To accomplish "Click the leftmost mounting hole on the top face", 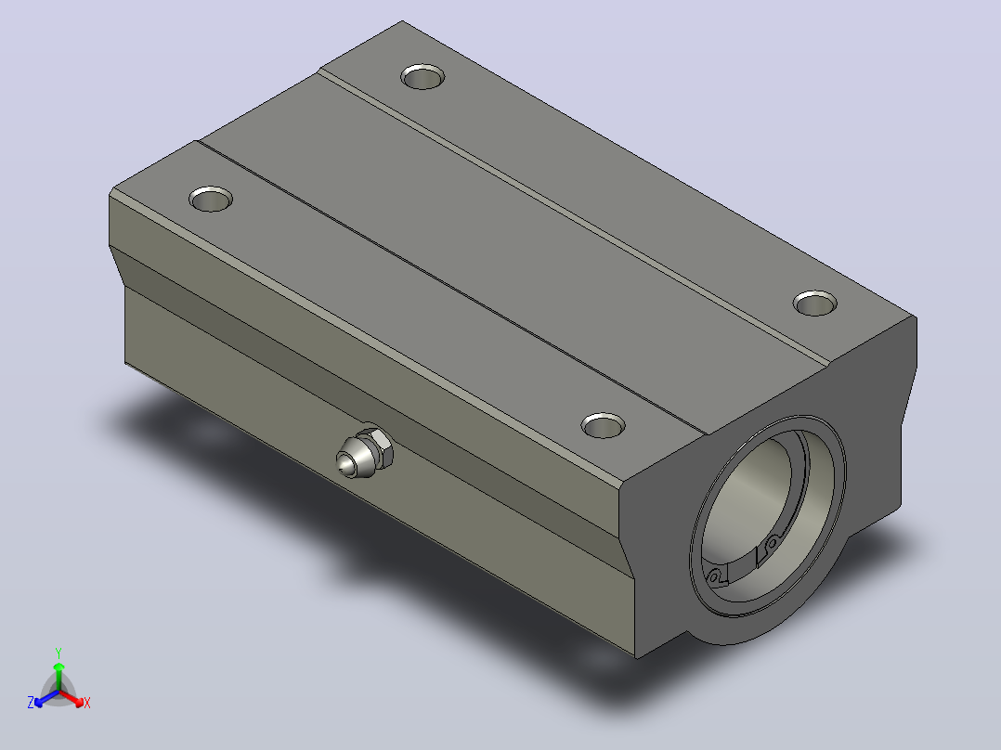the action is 211,200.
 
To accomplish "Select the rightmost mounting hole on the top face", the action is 815,304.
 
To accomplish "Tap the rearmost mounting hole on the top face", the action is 422,77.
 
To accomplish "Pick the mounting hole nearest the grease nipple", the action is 603,426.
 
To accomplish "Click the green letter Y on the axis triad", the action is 58,653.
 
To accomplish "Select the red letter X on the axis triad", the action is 87,703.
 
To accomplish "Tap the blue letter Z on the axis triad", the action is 30,703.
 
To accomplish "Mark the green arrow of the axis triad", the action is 58,677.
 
